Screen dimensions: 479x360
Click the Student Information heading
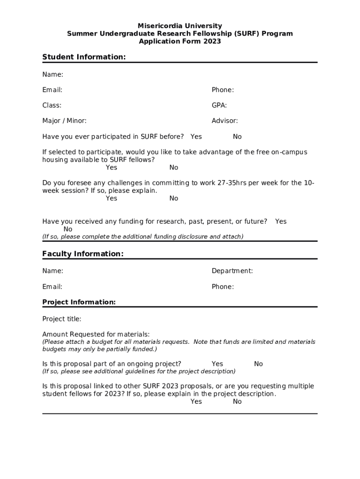click(84, 57)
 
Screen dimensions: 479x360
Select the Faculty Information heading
click(83, 254)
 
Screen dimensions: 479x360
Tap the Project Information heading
click(79, 302)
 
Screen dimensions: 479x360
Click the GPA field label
click(219, 105)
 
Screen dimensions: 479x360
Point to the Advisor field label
click(224, 121)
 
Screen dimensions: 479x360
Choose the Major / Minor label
click(65, 121)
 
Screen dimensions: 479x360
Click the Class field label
click(52, 105)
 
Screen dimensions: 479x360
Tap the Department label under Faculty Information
click(232, 271)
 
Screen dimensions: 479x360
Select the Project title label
click(62, 319)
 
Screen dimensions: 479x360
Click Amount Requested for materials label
click(96, 334)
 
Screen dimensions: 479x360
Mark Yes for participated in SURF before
click(196, 137)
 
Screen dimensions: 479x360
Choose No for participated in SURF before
click(237, 137)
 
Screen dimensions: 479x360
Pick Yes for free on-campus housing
click(111, 167)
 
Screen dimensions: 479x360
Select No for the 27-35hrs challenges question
click(173, 198)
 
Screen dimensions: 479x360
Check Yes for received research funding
click(281, 221)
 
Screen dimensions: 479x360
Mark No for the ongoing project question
click(258, 364)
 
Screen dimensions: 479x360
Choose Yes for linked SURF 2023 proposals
click(196, 401)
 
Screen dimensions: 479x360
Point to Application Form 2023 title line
click(180, 41)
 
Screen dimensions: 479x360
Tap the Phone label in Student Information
click(223, 90)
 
